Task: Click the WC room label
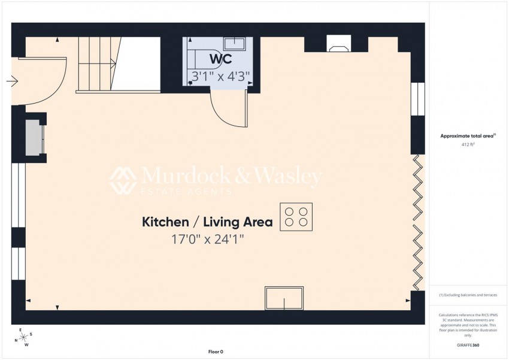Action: point(220,60)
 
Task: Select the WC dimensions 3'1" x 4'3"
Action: point(220,76)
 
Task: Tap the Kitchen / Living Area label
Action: point(207,222)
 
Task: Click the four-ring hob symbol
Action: point(296,217)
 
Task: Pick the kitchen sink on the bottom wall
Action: point(284,298)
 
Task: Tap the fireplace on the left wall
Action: point(34,137)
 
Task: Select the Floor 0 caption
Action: point(215,352)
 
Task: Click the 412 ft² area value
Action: point(468,145)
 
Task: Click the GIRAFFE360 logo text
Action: point(468,345)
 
